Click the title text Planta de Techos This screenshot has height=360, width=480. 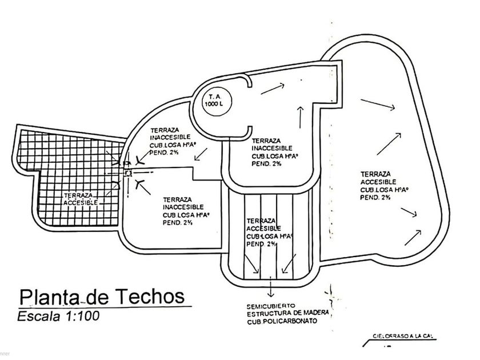coord(102,297)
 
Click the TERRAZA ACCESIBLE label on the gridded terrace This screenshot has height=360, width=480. coord(81,198)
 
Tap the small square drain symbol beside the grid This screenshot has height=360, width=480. coord(129,172)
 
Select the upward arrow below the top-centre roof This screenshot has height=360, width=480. coord(299,118)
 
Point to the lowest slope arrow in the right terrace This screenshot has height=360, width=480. coord(414,234)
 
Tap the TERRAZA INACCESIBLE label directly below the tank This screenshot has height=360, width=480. coord(273,151)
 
